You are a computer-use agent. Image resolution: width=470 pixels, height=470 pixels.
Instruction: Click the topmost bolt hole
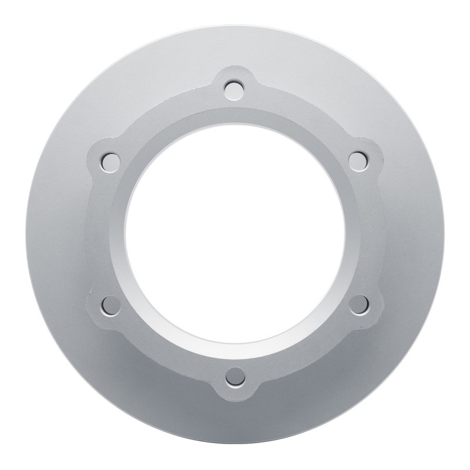tap(235, 89)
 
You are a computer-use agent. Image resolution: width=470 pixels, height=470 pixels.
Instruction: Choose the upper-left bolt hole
tap(109, 159)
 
